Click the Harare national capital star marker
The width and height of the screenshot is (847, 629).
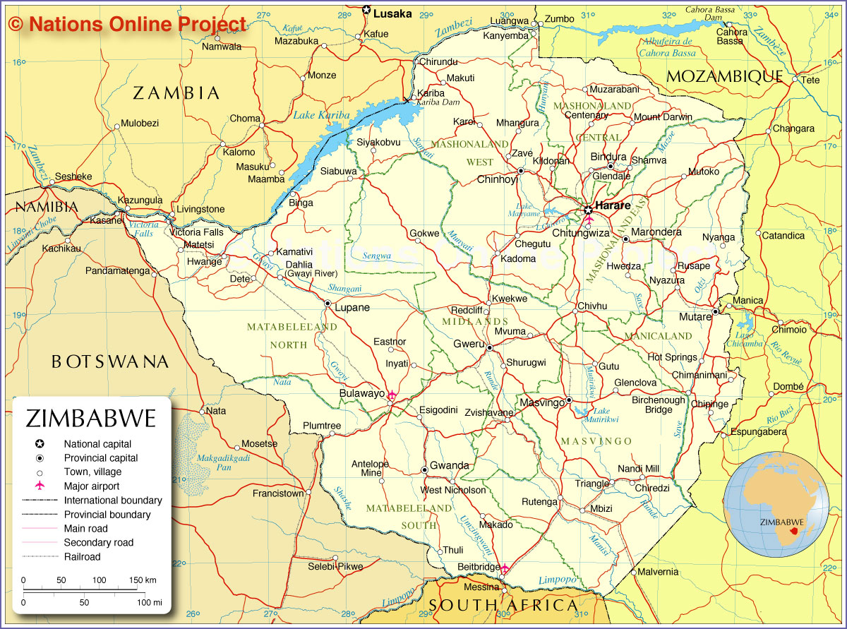click(588, 210)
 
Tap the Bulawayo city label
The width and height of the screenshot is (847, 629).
click(361, 393)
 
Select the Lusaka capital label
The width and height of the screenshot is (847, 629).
click(392, 13)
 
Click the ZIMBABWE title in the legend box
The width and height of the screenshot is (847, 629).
click(91, 419)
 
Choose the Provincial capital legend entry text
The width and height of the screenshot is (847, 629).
click(100, 458)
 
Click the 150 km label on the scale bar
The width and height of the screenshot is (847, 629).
click(142, 580)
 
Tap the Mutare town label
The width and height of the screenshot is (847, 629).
click(695, 317)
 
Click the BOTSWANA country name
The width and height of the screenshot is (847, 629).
click(110, 362)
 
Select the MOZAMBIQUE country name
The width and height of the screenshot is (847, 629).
click(725, 76)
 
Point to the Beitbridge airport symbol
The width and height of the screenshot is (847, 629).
click(505, 568)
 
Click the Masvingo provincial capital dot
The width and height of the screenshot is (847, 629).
click(569, 400)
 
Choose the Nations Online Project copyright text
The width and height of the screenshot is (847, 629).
click(128, 24)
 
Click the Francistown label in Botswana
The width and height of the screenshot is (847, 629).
click(278, 493)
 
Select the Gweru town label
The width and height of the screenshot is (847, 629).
click(469, 344)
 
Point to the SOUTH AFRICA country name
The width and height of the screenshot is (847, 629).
click(503, 606)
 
